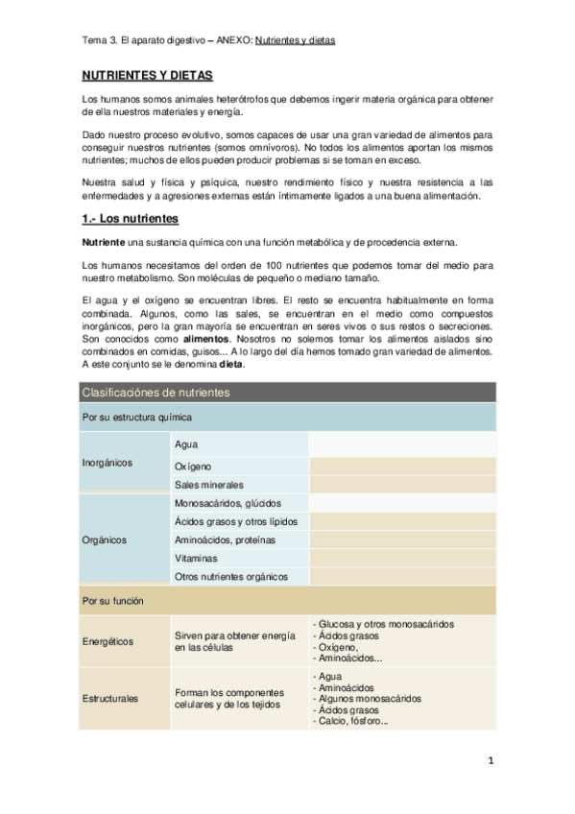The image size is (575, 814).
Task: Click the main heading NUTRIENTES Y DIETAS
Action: tap(146, 75)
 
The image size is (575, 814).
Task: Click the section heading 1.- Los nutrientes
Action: tap(130, 219)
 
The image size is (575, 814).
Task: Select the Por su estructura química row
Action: tap(135, 418)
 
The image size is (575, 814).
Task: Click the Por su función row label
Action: tap(113, 601)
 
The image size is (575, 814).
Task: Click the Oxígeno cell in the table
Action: tap(193, 467)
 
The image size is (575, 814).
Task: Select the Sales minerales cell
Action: tap(209, 486)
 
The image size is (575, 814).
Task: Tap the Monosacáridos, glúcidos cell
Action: tap(228, 503)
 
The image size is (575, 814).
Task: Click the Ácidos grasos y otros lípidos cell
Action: tap(236, 521)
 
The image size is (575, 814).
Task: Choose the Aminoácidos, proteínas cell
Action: tap(225, 539)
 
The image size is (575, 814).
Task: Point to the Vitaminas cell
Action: tap(196, 558)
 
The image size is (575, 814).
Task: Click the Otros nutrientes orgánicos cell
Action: tap(231, 577)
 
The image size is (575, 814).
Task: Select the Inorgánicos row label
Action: tap(108, 463)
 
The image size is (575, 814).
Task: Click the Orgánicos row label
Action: tap(105, 539)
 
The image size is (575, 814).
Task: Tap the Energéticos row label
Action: tap(108, 642)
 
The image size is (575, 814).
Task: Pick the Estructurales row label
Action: tap(110, 699)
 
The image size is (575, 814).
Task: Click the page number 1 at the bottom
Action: tap(490, 763)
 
